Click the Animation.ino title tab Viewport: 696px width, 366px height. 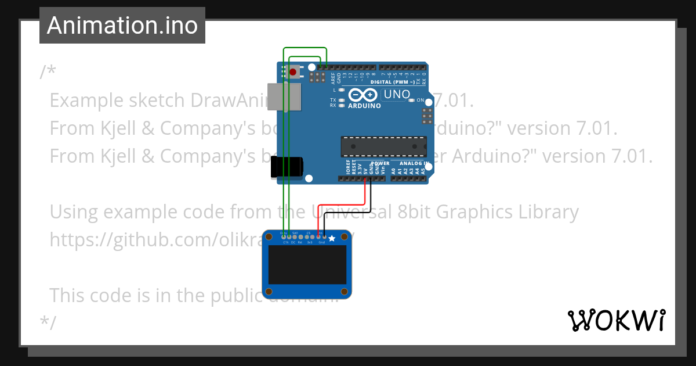pos(122,26)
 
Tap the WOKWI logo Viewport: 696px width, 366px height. pos(616,320)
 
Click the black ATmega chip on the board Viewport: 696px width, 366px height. pos(383,146)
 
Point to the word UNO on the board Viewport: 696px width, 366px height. pos(397,94)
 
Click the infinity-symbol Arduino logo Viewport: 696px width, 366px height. pos(364,95)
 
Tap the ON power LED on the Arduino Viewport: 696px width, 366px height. pos(411,101)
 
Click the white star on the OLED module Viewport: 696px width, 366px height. pos(332,238)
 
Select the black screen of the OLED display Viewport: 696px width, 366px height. pos(307,264)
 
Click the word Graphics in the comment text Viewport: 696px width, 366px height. pos(470,212)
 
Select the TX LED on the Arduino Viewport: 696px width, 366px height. pos(342,100)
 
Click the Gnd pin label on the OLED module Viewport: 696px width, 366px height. pos(322,242)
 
